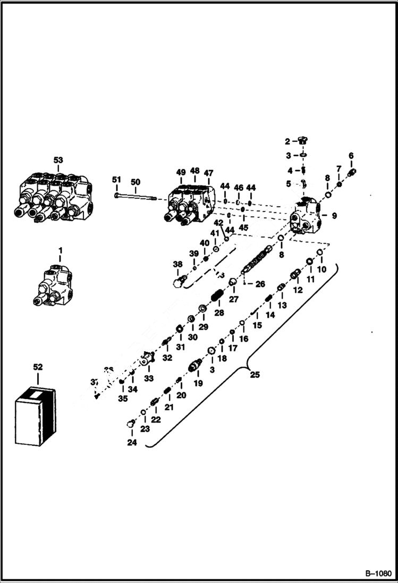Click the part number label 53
58,159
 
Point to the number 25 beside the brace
255,375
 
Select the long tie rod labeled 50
135,198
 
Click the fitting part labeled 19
196,366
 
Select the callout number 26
260,284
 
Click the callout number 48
195,171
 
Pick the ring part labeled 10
320,252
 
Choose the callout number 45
243,227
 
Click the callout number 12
297,290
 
